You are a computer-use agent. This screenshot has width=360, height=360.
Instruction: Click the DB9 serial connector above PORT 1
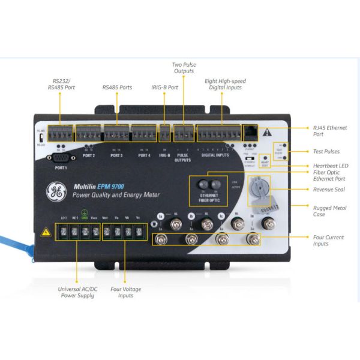click(61, 158)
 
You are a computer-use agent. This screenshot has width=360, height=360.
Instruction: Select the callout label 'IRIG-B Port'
click(164, 87)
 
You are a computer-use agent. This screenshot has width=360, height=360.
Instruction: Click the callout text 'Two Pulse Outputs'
click(183, 68)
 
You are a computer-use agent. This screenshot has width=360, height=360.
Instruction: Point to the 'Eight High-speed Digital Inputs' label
click(225, 84)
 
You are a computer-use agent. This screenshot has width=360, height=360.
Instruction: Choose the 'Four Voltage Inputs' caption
click(126, 292)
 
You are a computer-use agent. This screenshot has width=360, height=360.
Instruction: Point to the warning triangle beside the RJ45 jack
click(268, 132)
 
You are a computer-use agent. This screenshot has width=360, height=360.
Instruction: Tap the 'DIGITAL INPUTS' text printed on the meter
click(215, 155)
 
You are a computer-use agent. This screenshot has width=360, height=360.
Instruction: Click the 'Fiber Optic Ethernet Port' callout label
click(330, 176)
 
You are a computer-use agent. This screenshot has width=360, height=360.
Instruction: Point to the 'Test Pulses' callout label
click(327, 152)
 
